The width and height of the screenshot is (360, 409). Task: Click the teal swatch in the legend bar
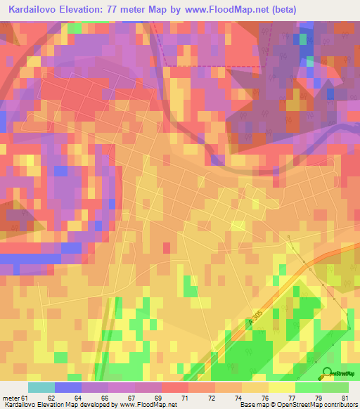41,387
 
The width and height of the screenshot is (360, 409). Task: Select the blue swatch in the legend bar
67,387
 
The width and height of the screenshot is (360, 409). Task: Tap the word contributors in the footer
340,405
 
